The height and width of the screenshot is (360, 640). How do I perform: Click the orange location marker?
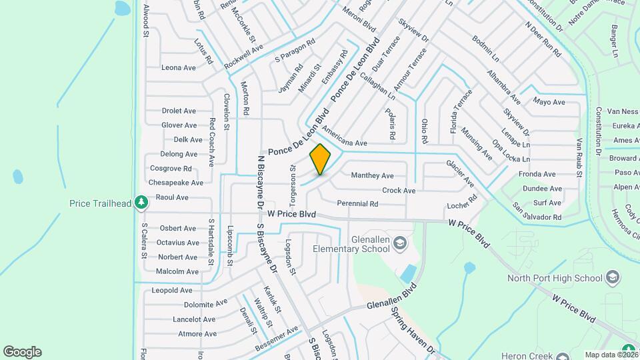tap(320, 159)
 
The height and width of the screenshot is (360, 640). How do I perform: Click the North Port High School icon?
tap(613, 278)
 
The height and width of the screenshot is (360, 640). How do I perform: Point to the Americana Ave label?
tap(344, 136)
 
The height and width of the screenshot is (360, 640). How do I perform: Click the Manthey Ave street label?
tap(372, 176)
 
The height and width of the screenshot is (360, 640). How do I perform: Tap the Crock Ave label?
tap(399, 191)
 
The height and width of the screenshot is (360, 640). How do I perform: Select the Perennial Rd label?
tap(358, 203)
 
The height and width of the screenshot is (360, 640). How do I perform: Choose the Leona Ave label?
tap(178, 67)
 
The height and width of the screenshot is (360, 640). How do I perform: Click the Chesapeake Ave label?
tap(176, 183)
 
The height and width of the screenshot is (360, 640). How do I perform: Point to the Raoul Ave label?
tap(171, 197)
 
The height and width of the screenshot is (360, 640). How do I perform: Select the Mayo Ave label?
tap(549, 102)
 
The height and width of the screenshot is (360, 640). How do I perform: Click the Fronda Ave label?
tap(537, 174)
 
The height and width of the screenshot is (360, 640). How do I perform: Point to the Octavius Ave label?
tap(177, 243)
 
